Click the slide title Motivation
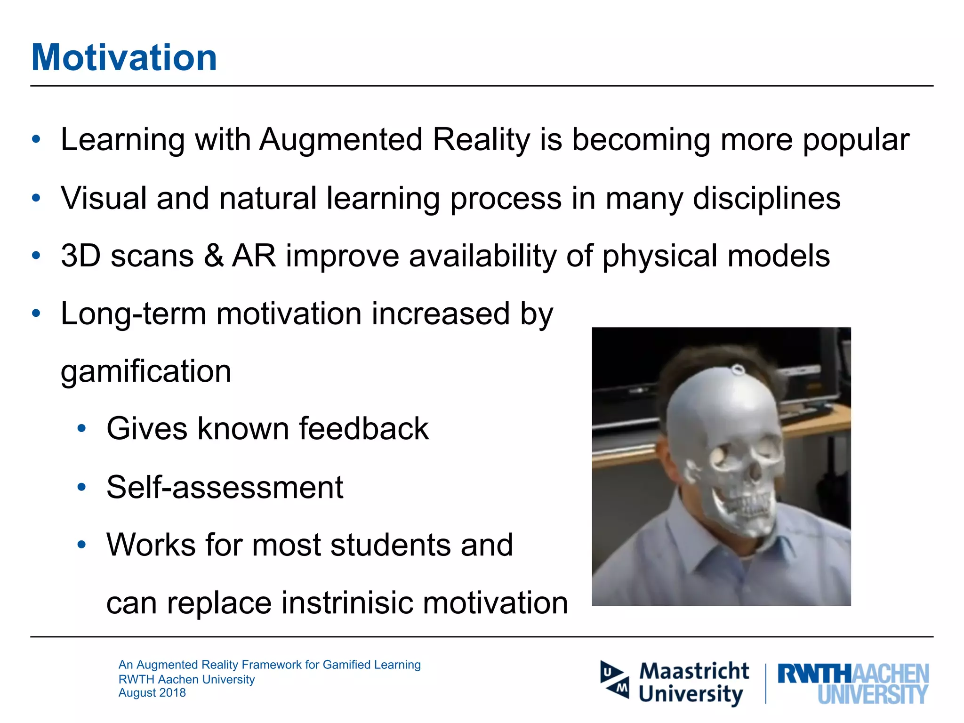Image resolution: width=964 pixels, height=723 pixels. point(124,57)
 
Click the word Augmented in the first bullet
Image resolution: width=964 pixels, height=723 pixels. point(341,140)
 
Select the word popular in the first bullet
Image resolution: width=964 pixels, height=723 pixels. point(856,141)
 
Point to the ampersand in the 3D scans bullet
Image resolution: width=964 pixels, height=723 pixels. point(213,256)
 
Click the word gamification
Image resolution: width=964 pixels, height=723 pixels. point(146,372)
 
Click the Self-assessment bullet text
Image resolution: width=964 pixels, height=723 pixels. point(225,487)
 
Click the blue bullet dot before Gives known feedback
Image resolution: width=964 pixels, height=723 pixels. point(82,428)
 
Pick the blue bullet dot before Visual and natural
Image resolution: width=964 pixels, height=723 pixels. point(36,198)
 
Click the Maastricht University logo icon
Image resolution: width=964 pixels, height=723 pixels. point(614,680)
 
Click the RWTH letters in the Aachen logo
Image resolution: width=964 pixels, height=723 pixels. point(814,674)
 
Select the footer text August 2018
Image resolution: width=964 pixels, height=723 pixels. point(152,693)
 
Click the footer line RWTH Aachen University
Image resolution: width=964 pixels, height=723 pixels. point(186,679)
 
